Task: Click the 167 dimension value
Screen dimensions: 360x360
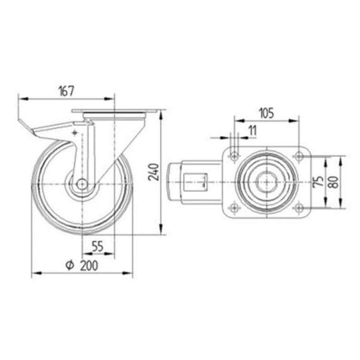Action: (x=66, y=91)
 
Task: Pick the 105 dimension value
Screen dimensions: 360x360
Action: (x=266, y=113)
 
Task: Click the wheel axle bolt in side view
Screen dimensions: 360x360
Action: (x=82, y=184)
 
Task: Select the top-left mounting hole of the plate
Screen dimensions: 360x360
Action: (x=234, y=156)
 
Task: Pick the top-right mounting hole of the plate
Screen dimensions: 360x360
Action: (x=298, y=156)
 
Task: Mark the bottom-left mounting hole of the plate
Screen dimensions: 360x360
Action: (x=234, y=207)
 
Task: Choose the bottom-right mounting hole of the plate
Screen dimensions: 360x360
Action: (x=298, y=207)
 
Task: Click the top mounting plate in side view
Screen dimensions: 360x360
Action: (x=114, y=111)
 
